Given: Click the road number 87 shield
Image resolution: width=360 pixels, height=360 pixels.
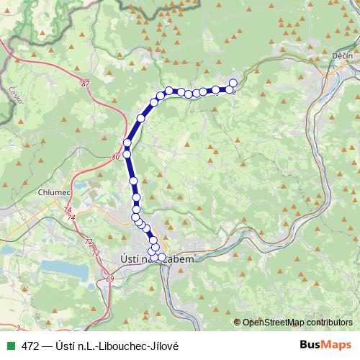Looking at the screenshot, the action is [x=87, y=84].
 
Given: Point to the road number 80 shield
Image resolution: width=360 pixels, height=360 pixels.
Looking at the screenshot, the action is [x=116, y=156].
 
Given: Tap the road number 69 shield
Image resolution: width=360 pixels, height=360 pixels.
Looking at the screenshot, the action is [x=109, y=278].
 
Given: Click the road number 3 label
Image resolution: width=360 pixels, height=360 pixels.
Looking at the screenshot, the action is [x=17, y=328].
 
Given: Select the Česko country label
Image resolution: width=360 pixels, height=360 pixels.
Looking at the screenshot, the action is [x=14, y=94].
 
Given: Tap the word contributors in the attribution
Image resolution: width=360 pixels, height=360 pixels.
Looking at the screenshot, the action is [x=328, y=323].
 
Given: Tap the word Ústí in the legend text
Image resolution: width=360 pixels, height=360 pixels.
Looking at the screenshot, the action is [x=63, y=346].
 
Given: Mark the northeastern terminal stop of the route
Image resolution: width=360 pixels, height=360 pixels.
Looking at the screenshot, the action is [x=233, y=83].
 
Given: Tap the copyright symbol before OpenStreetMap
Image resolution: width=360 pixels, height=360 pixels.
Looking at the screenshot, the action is [x=238, y=323].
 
